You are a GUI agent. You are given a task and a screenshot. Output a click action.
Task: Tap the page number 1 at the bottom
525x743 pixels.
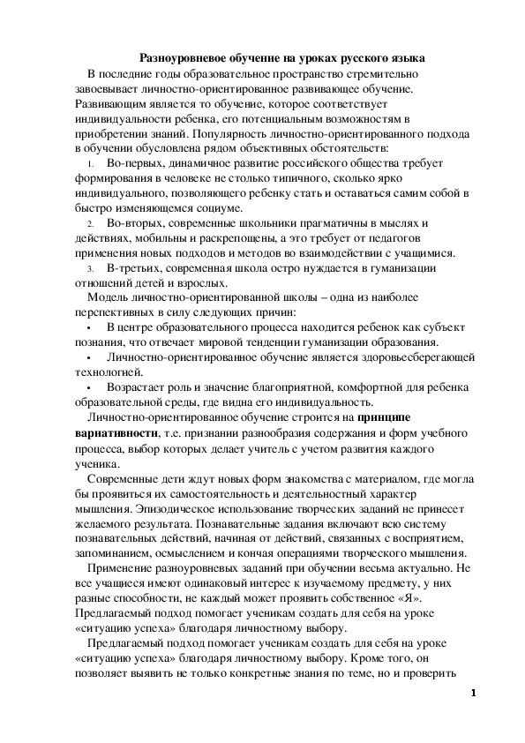pyautogui.click(x=473, y=694)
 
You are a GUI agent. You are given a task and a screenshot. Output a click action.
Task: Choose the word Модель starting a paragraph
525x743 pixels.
pyautogui.click(x=108, y=298)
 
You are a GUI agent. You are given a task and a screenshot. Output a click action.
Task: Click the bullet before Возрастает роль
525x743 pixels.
pyautogui.click(x=91, y=387)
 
